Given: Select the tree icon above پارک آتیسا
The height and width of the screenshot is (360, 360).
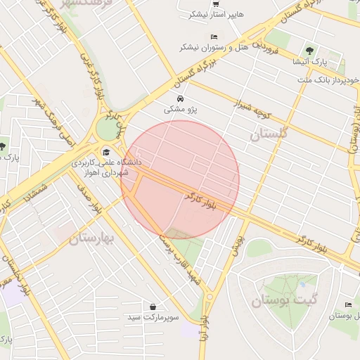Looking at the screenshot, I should [x=310, y=49].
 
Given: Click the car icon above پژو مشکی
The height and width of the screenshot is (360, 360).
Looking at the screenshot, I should [x=181, y=98].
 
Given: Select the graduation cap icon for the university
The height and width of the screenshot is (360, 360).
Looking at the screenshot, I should [x=106, y=151].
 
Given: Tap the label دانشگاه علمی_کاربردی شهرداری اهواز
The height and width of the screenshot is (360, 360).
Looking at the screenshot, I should [x=106, y=167].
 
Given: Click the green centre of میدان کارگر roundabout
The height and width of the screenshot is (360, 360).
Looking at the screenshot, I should [x=108, y=129].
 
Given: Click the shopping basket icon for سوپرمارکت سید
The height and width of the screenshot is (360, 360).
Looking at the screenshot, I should [x=153, y=307].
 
